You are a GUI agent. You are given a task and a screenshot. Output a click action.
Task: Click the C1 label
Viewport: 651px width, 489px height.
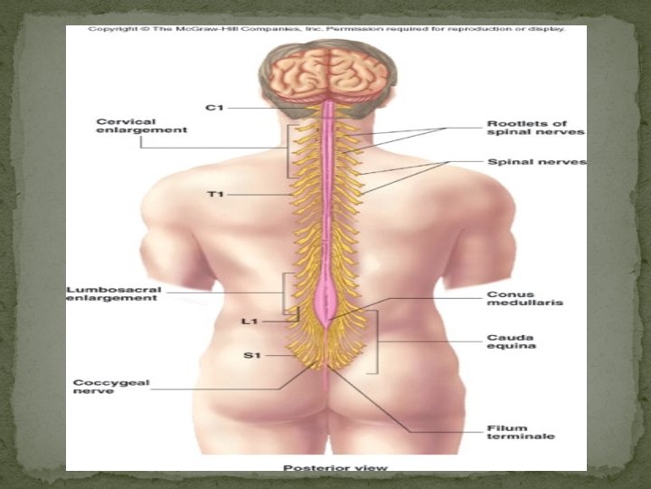(214, 108)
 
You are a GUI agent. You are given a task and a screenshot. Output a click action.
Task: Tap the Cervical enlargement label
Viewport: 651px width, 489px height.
(142, 126)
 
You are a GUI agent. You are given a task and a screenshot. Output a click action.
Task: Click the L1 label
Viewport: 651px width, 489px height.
(250, 321)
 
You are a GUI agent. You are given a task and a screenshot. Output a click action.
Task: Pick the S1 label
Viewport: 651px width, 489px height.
(251, 356)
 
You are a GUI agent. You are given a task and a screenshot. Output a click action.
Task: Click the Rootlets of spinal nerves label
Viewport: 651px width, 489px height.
(535, 128)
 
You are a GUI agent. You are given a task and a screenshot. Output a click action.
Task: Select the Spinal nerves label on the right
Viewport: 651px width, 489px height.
(536, 163)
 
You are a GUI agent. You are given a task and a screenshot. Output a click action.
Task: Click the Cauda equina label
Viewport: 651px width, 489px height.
(511, 340)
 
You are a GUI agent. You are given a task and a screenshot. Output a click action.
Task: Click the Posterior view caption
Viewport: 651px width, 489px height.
(335, 468)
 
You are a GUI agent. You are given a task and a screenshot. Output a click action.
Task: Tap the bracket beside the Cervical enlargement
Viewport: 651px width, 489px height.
(288, 150)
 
